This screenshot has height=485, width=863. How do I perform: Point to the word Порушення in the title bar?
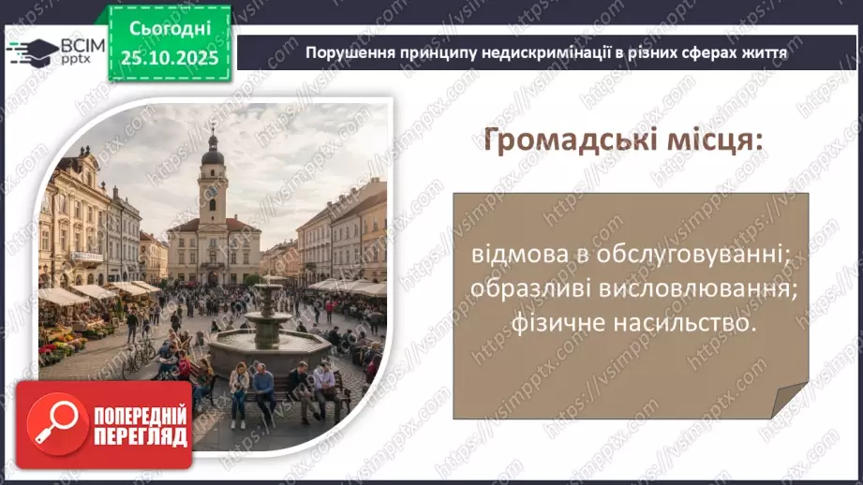point(343,52)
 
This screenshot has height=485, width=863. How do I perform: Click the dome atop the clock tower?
point(213,153)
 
